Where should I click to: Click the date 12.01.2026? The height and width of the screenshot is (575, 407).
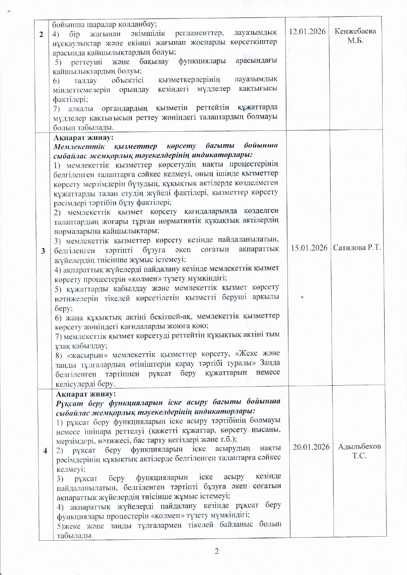(x=307, y=31)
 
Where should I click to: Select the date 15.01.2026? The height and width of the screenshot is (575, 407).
(x=309, y=248)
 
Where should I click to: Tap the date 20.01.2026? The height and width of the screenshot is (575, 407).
(x=311, y=447)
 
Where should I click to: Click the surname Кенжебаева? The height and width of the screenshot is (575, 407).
(x=355, y=31)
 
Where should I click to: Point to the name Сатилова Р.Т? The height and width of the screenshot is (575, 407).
(x=357, y=248)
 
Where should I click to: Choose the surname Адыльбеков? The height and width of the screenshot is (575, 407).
(x=359, y=447)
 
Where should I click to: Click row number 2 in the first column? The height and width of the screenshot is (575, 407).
(x=41, y=34)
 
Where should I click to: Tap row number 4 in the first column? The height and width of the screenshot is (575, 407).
(x=45, y=451)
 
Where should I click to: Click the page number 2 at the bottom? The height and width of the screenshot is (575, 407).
(x=217, y=551)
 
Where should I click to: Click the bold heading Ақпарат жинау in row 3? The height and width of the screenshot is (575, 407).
(x=83, y=138)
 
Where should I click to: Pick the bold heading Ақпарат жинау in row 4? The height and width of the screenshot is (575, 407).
(x=86, y=393)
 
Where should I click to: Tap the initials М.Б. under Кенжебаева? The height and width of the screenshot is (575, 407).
(x=356, y=41)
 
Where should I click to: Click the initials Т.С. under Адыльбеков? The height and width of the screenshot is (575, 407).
(x=359, y=456)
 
